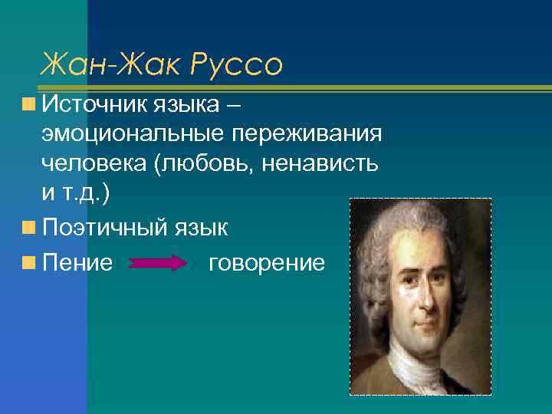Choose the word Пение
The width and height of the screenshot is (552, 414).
77,263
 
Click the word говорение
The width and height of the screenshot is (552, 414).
266,263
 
